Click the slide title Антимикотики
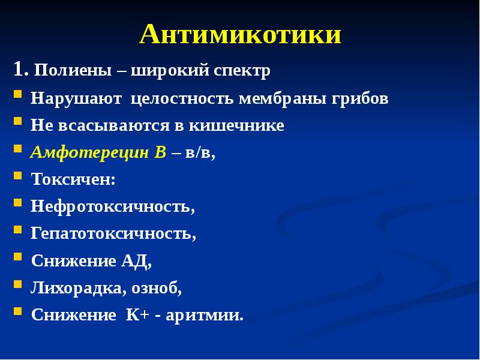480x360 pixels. click(241, 35)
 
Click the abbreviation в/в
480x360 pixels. click(200, 153)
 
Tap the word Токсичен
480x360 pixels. click(72, 179)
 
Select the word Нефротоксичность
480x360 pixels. click(112, 206)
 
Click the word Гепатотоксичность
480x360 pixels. click(113, 233)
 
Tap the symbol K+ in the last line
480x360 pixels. click(136, 315)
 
